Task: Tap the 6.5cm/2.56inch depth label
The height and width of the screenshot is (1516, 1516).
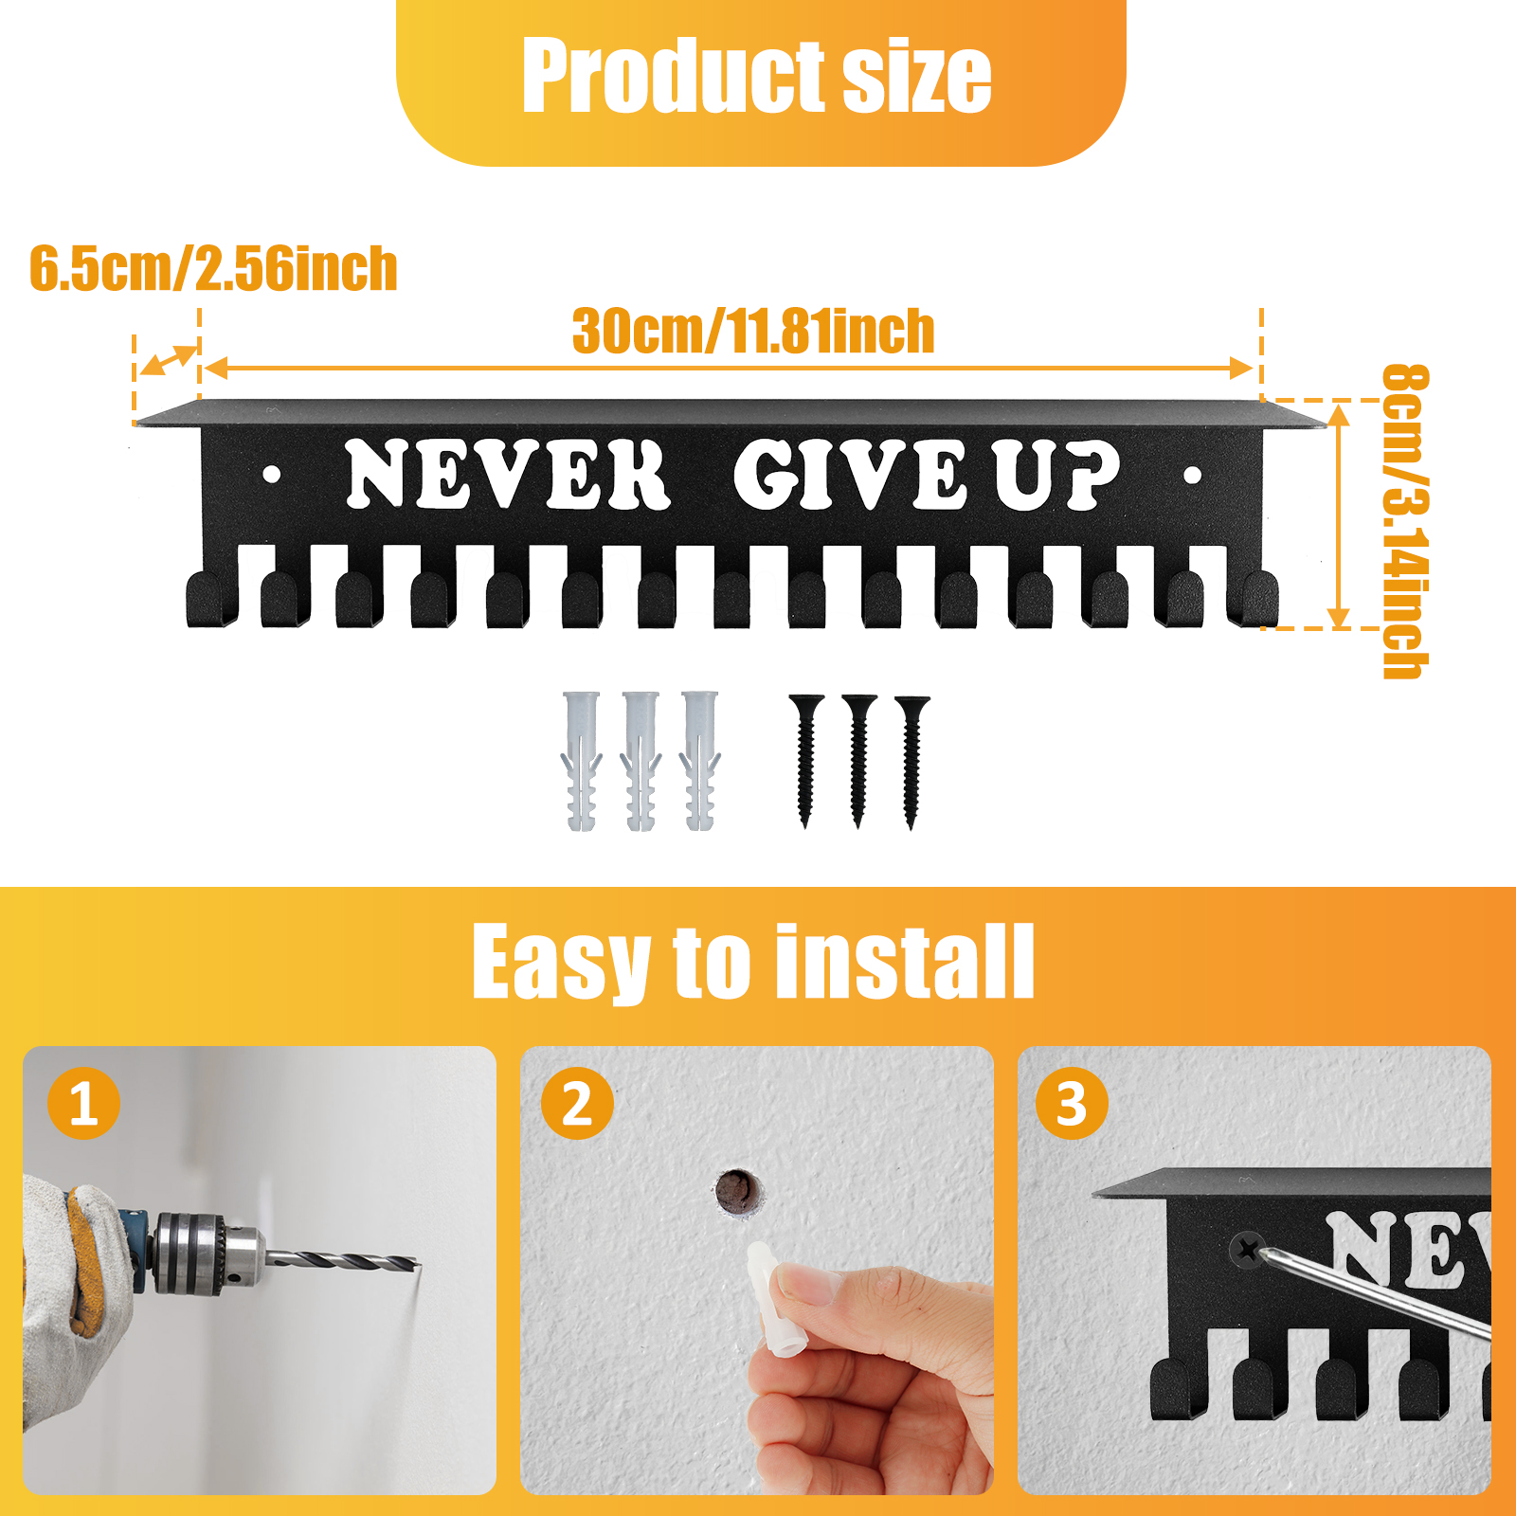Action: click(213, 268)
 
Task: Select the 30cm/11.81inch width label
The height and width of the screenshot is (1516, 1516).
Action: click(753, 331)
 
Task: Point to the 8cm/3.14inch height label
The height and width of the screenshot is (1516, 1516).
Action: click(1404, 521)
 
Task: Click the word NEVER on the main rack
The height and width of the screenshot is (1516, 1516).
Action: click(508, 474)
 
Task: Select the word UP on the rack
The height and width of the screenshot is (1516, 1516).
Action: click(1056, 475)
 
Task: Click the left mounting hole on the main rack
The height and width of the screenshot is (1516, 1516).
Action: click(272, 474)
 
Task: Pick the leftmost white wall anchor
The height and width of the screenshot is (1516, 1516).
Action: click(582, 761)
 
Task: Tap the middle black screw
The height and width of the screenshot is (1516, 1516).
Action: click(859, 761)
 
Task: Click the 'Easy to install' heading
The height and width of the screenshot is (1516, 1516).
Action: click(753, 962)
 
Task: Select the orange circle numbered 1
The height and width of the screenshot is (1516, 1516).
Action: click(83, 1104)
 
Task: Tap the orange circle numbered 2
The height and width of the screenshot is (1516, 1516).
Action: click(577, 1104)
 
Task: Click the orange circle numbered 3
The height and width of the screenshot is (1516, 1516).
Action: click(1072, 1104)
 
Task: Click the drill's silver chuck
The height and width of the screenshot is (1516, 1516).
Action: click(208, 1254)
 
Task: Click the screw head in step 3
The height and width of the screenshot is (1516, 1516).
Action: click(1249, 1251)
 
